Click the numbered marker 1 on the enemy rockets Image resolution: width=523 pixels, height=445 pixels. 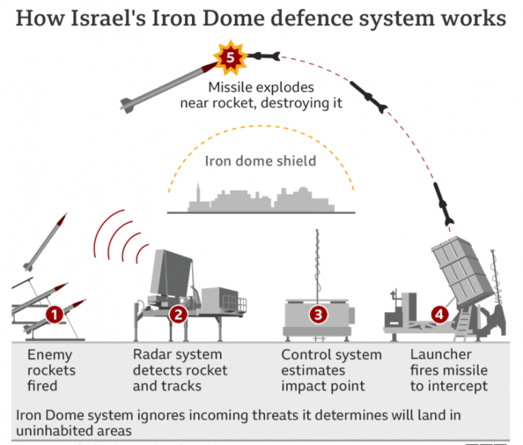54,314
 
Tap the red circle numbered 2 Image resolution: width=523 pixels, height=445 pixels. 178,314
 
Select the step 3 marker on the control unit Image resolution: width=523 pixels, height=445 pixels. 317,314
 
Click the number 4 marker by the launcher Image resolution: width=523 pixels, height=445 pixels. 440,314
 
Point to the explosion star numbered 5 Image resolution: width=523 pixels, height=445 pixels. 229,57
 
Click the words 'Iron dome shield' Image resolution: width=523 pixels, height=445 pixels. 260,162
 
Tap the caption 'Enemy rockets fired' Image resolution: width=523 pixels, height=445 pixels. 51,370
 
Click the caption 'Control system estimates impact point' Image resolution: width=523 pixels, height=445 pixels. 331,370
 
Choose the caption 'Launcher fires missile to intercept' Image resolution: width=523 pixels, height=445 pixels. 448,370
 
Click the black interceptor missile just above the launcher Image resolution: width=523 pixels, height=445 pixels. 443,203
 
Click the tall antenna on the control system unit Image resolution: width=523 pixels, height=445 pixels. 317,262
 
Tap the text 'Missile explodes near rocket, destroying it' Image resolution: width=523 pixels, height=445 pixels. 261,95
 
